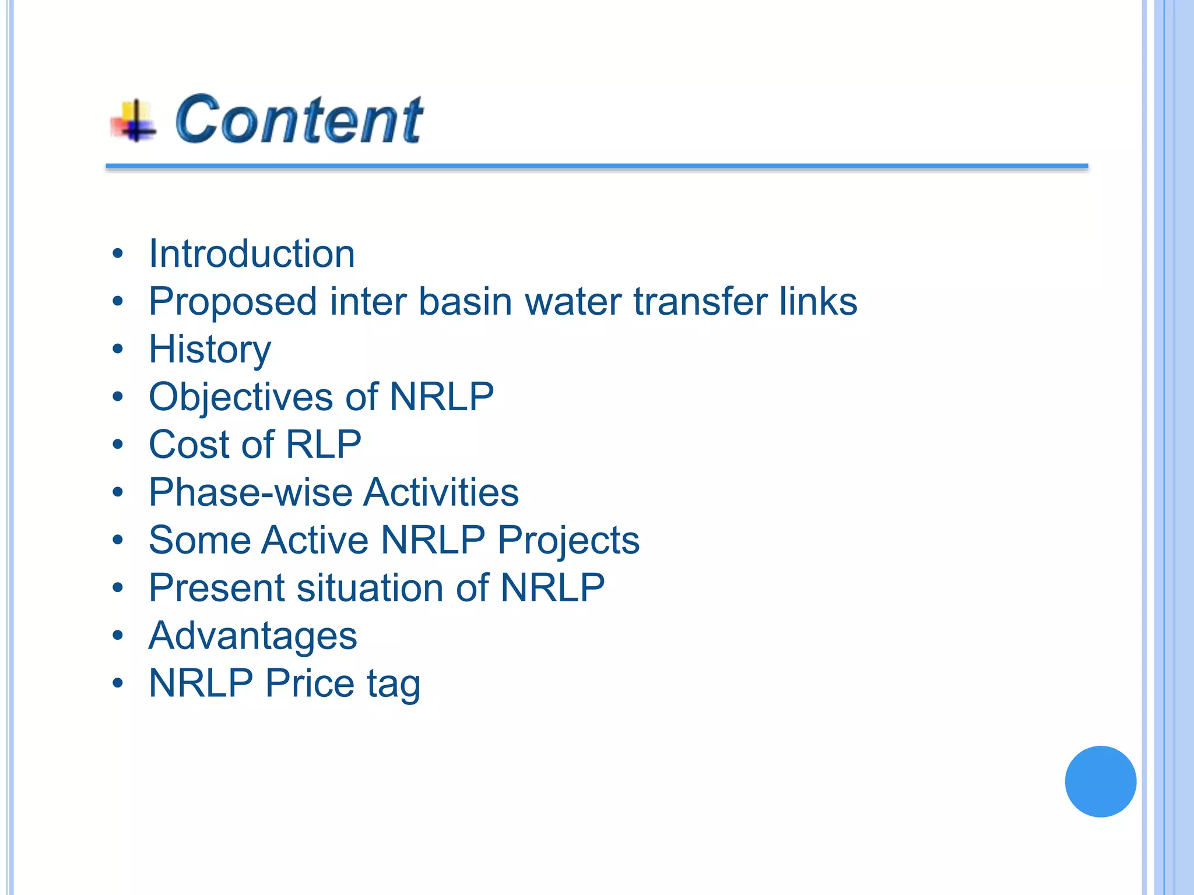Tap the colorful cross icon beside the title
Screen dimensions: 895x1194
[x=134, y=121]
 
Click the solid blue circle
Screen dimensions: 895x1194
[x=1100, y=781]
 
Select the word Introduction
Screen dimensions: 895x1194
[x=252, y=254]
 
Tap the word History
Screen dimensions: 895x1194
[x=210, y=350]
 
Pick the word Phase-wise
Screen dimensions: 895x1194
[x=251, y=493]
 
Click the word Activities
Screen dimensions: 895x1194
[x=441, y=493]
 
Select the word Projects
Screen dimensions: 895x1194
[x=568, y=541]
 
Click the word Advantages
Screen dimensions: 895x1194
[x=252, y=636]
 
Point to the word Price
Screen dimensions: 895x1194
[x=310, y=683]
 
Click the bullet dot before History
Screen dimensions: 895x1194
[x=118, y=350]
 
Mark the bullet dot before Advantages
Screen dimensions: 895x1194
[x=118, y=636]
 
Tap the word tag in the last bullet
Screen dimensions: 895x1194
[x=394, y=684]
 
